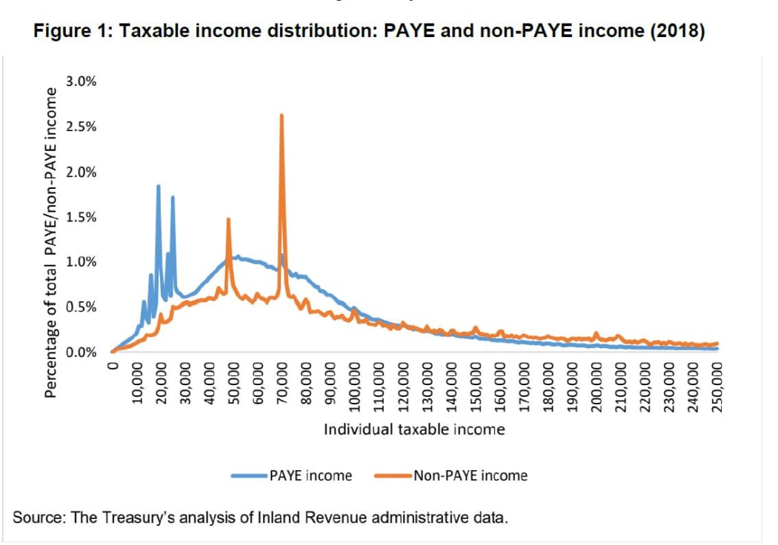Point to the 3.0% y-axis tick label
point(81,81)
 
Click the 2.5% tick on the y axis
point(81,127)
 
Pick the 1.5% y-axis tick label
point(81,217)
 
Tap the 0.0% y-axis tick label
point(81,352)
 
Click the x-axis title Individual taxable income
point(414,429)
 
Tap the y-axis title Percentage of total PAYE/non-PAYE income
point(51,241)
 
